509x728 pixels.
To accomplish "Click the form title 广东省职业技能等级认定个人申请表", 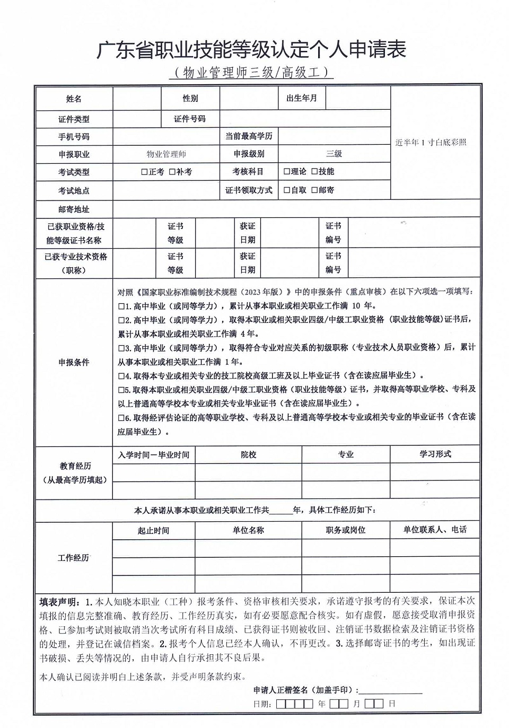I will (251, 49).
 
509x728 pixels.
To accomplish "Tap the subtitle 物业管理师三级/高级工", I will (251, 72).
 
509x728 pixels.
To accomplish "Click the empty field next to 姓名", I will (137, 99).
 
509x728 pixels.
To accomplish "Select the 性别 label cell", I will (190, 99).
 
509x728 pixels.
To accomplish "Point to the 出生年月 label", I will (302, 99).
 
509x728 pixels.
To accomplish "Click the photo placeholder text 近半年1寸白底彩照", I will (431, 142).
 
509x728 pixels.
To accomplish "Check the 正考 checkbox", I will (144, 172).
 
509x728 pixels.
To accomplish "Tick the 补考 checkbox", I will (172, 172).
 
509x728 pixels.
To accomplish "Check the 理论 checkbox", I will (286, 171).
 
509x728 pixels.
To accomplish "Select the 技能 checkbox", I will (314, 171).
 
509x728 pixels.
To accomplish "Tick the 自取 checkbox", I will (286, 190).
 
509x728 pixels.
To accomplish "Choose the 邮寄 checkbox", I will (314, 190).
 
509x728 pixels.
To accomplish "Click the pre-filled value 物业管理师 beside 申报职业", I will (166, 154).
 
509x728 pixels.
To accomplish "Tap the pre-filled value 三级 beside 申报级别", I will (334, 154).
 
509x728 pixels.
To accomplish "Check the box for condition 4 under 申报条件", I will (121, 376).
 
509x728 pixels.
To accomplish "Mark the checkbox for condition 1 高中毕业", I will (121, 306).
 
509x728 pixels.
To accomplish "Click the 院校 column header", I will (248, 454).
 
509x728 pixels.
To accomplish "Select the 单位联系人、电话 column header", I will (435, 530).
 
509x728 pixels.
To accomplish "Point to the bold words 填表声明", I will (58, 602).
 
